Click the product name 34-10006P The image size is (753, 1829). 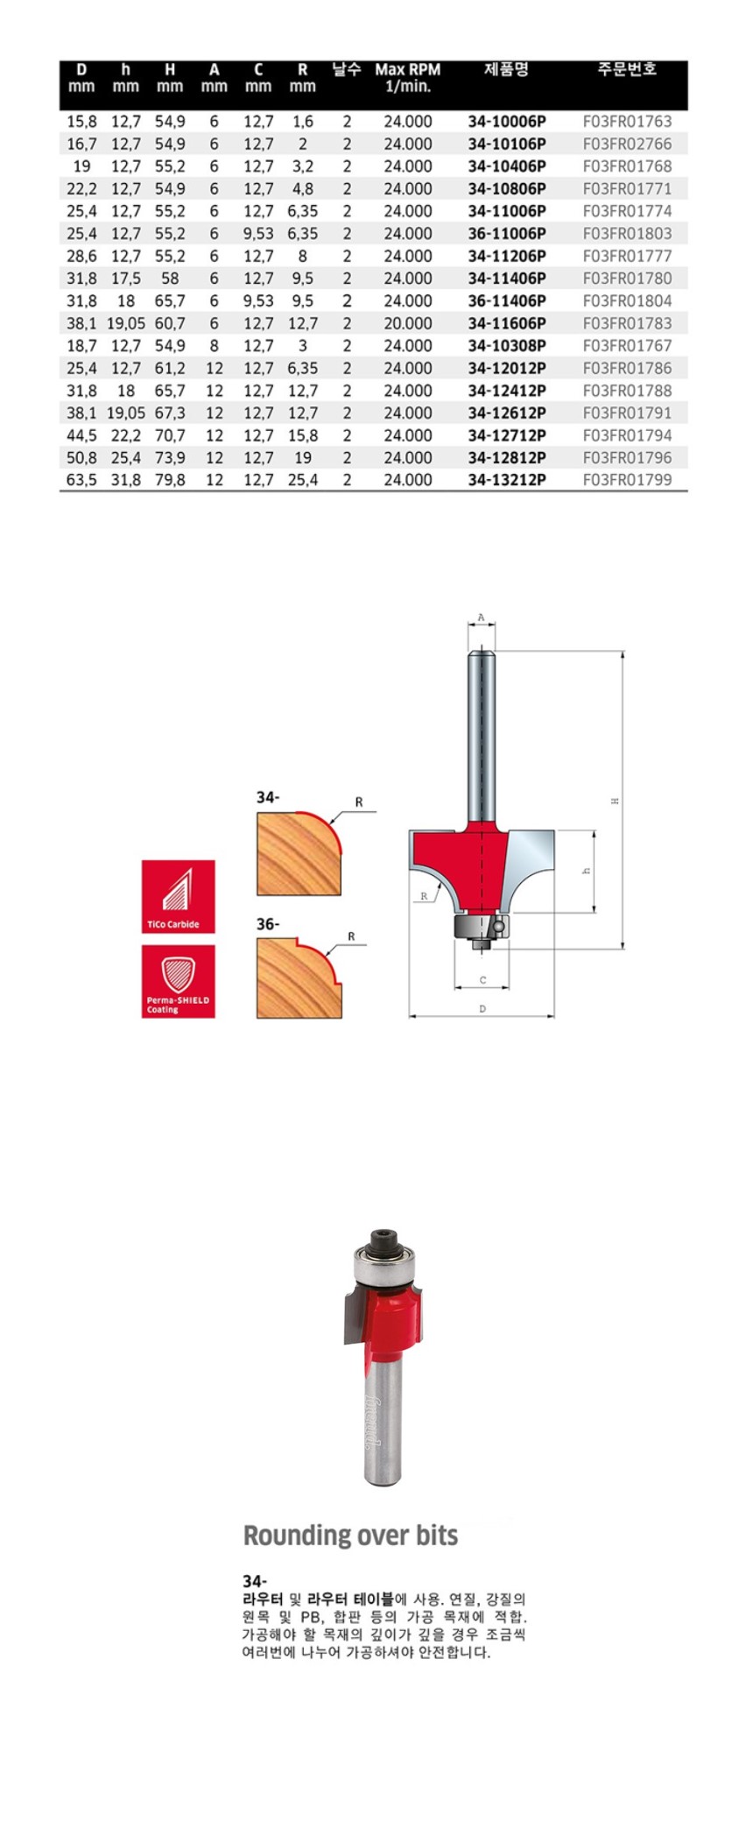pos(506,122)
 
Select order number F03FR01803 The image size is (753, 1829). pos(627,234)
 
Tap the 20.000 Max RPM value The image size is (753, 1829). pos(407,323)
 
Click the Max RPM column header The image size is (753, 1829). pos(407,78)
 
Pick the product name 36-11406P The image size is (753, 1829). pos(506,300)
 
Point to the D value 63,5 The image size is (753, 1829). pos(81,480)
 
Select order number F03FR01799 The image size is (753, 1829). pos(627,480)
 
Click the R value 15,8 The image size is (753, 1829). pos(302,435)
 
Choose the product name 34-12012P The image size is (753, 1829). pos(506,368)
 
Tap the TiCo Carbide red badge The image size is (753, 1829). pos(179,896)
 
